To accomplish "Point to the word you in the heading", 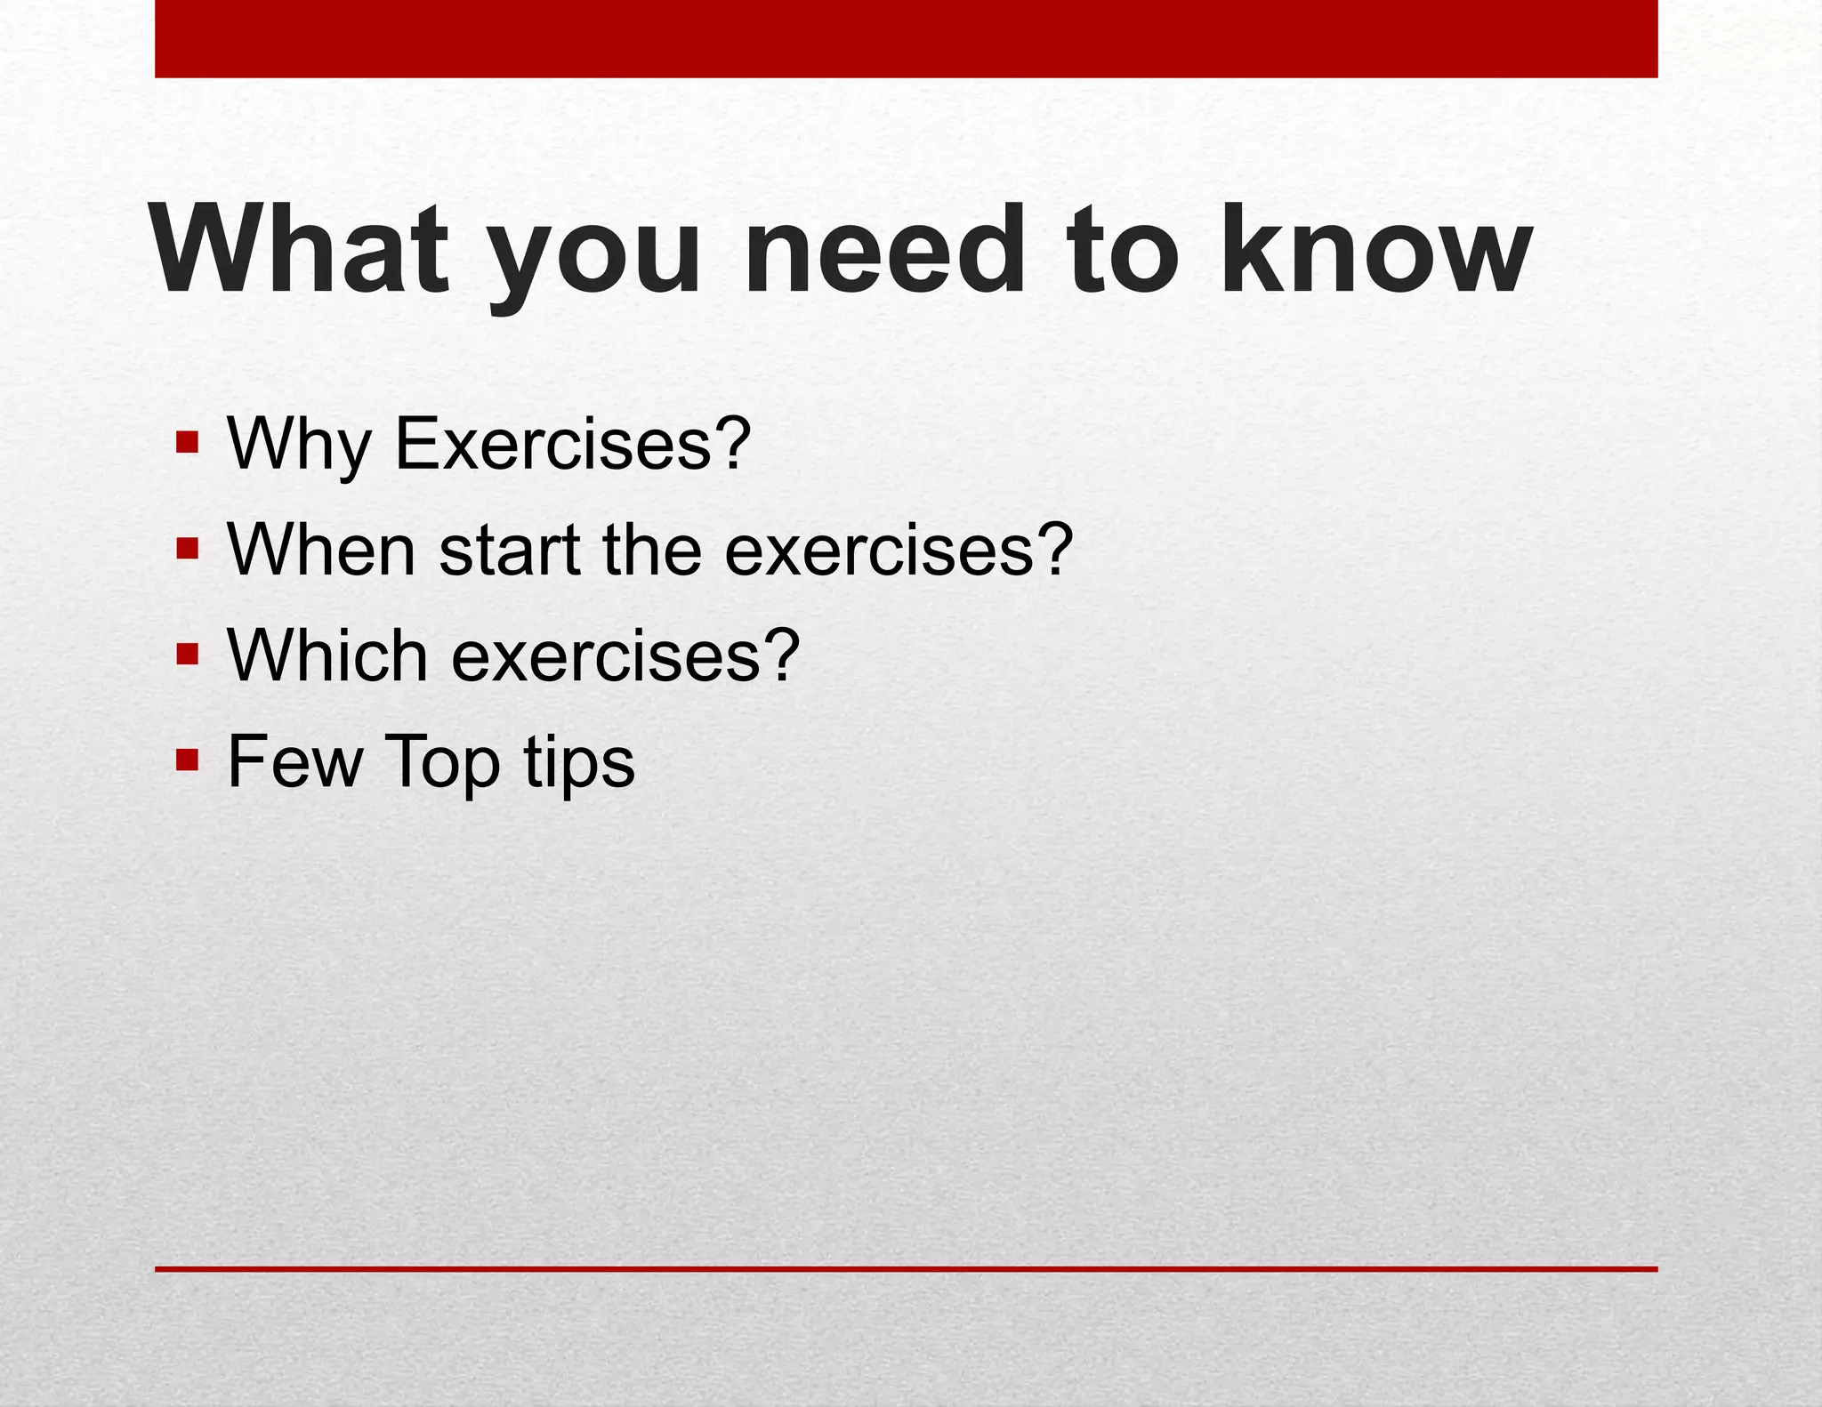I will point(595,258).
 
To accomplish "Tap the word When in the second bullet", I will point(321,549).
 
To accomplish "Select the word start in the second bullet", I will point(510,551).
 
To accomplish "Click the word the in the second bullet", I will point(652,549).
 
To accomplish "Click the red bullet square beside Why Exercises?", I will point(187,442).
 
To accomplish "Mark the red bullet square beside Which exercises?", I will point(187,655).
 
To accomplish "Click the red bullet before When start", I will point(187,549).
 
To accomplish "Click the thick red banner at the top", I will point(906,38).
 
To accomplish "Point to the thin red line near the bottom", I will point(906,1269).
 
